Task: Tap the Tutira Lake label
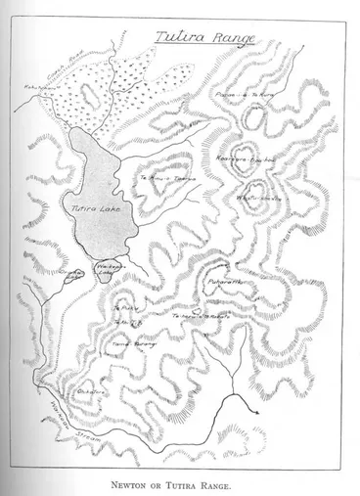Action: point(94,206)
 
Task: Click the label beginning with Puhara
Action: point(226,284)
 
